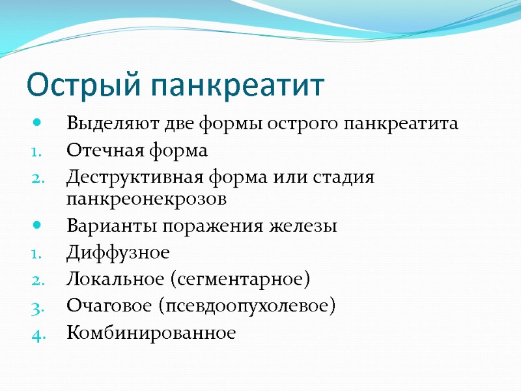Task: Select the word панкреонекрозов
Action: point(147,198)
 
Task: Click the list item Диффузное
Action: point(117,253)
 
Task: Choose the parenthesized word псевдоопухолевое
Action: point(251,307)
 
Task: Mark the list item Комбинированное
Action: point(150,333)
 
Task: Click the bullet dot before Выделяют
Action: point(36,123)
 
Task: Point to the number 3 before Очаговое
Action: point(36,307)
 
